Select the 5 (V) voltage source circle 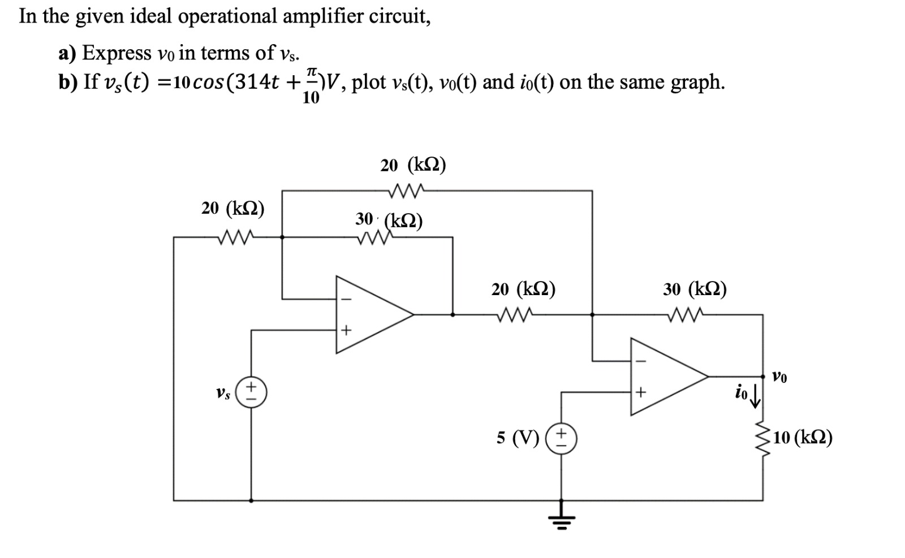(x=561, y=439)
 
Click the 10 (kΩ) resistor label (x=803, y=438)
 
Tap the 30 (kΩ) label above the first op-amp (x=389, y=220)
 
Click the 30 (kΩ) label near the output (x=695, y=289)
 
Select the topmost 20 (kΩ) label (x=413, y=165)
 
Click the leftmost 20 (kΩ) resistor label (x=233, y=208)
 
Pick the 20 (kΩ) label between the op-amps (x=523, y=289)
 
